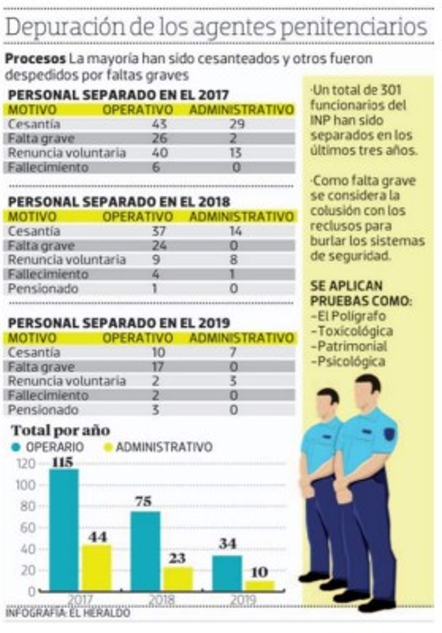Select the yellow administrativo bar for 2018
pyautogui.click(x=177, y=578)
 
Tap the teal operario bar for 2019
pyautogui.click(x=227, y=573)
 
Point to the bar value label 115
pyautogui.click(x=63, y=461)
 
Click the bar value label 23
pyautogui.click(x=177, y=558)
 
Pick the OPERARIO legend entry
pyautogui.click(x=49, y=447)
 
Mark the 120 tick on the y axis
pyautogui.click(x=25, y=464)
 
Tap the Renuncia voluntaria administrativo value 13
pyautogui.click(x=235, y=153)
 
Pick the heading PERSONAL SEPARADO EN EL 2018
pyautogui.click(x=118, y=201)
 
